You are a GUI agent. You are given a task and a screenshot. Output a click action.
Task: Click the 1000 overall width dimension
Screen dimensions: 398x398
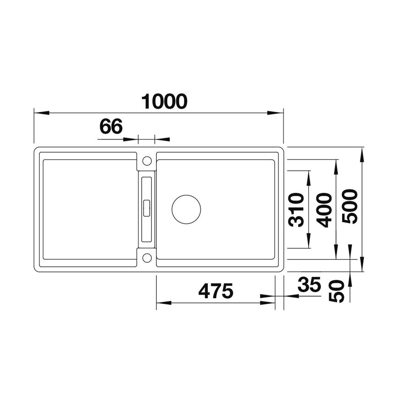coord(164,101)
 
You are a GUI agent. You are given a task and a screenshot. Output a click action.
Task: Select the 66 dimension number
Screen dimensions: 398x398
coord(111,127)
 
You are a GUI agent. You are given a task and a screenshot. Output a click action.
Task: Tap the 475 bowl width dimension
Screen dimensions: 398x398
coord(216,290)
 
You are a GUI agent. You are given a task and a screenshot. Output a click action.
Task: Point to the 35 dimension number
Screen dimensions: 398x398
coord(309,285)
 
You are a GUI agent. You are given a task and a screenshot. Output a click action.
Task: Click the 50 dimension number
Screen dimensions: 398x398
coord(337,291)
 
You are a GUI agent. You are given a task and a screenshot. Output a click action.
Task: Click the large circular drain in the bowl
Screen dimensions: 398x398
coord(186,209)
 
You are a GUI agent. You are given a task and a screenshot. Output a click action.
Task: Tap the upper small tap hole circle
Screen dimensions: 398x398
coord(147,160)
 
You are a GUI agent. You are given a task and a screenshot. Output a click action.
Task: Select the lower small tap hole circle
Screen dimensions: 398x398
coord(147,257)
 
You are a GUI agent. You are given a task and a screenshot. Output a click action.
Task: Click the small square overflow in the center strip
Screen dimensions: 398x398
coord(147,207)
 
